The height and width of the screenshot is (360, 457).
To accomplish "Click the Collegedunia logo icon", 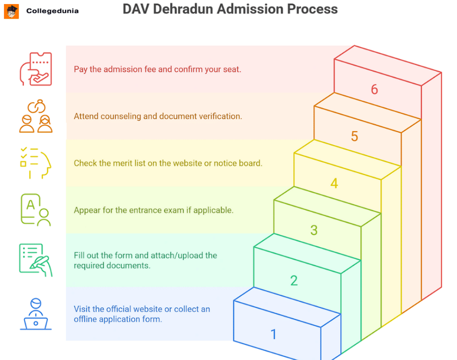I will pos(11,11).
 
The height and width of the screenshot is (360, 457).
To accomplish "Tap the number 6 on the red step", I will pos(374,89).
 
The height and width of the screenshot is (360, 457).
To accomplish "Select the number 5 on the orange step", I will pos(354,136).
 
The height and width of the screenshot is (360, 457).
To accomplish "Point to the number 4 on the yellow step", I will pos(334,183).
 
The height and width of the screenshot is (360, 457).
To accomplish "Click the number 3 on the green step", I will pos(314,230).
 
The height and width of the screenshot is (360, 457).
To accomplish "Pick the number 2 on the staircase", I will pos(294,280).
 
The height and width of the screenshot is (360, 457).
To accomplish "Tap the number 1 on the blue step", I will pos(273,334).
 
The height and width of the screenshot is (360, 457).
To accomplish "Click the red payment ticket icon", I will pos(36,69).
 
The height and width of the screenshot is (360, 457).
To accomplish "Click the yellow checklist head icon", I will pos(36,163).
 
